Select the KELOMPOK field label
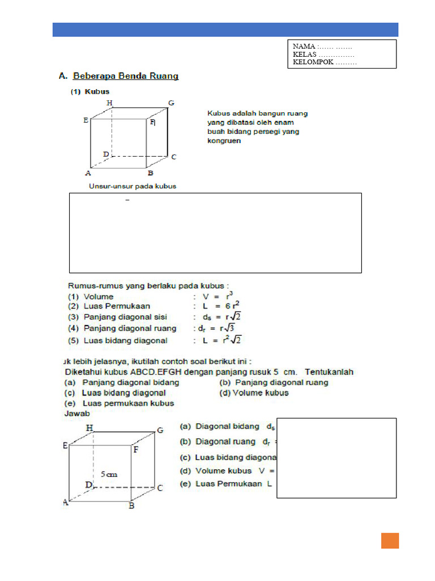tap(313, 62)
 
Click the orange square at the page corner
tap(390, 541)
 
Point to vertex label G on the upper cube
tap(170, 103)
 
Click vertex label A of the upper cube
tap(88, 173)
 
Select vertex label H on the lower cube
tap(89, 428)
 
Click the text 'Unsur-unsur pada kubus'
tap(133, 186)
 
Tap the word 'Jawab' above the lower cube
tap(77, 414)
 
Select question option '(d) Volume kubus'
tap(254, 393)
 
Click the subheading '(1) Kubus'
tap(90, 91)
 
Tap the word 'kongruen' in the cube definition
tap(224, 141)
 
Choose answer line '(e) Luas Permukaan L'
tap(226, 484)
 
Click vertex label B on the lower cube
tap(131, 505)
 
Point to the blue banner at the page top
tap(225, 30)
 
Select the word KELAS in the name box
tap(305, 54)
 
